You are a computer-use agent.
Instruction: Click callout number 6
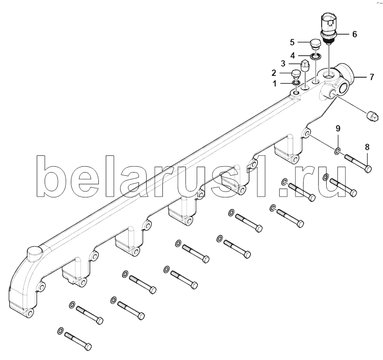(x=355, y=34)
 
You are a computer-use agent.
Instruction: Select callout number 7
(x=372, y=77)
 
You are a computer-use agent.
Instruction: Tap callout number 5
(x=292, y=42)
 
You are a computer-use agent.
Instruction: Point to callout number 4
(x=292, y=56)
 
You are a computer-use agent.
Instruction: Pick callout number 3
(x=283, y=64)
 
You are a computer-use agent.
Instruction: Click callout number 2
(x=274, y=73)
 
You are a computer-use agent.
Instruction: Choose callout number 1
(x=275, y=84)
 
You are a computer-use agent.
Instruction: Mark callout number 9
(x=338, y=128)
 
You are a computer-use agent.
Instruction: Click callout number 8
(x=367, y=147)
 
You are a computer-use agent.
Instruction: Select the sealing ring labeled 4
(x=316, y=56)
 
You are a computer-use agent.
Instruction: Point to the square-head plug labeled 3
(x=305, y=65)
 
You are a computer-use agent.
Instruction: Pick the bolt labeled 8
(x=358, y=163)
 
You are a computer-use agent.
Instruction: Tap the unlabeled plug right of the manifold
(x=373, y=117)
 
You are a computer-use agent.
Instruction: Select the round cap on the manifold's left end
(x=35, y=254)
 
